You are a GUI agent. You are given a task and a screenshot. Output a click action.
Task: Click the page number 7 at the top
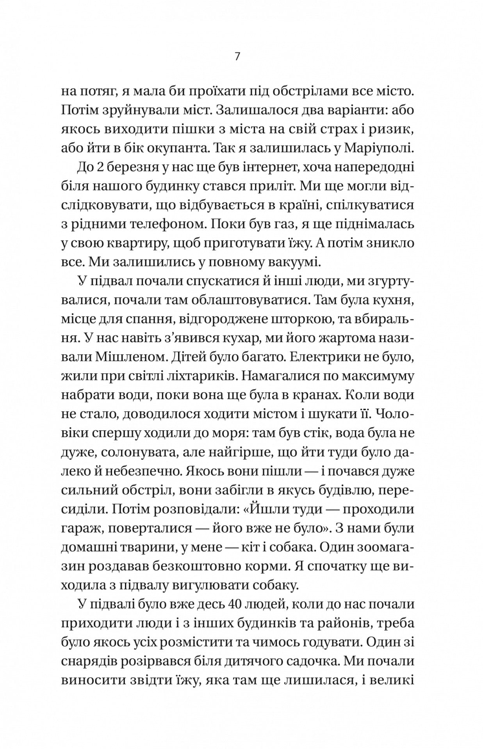(237, 57)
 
